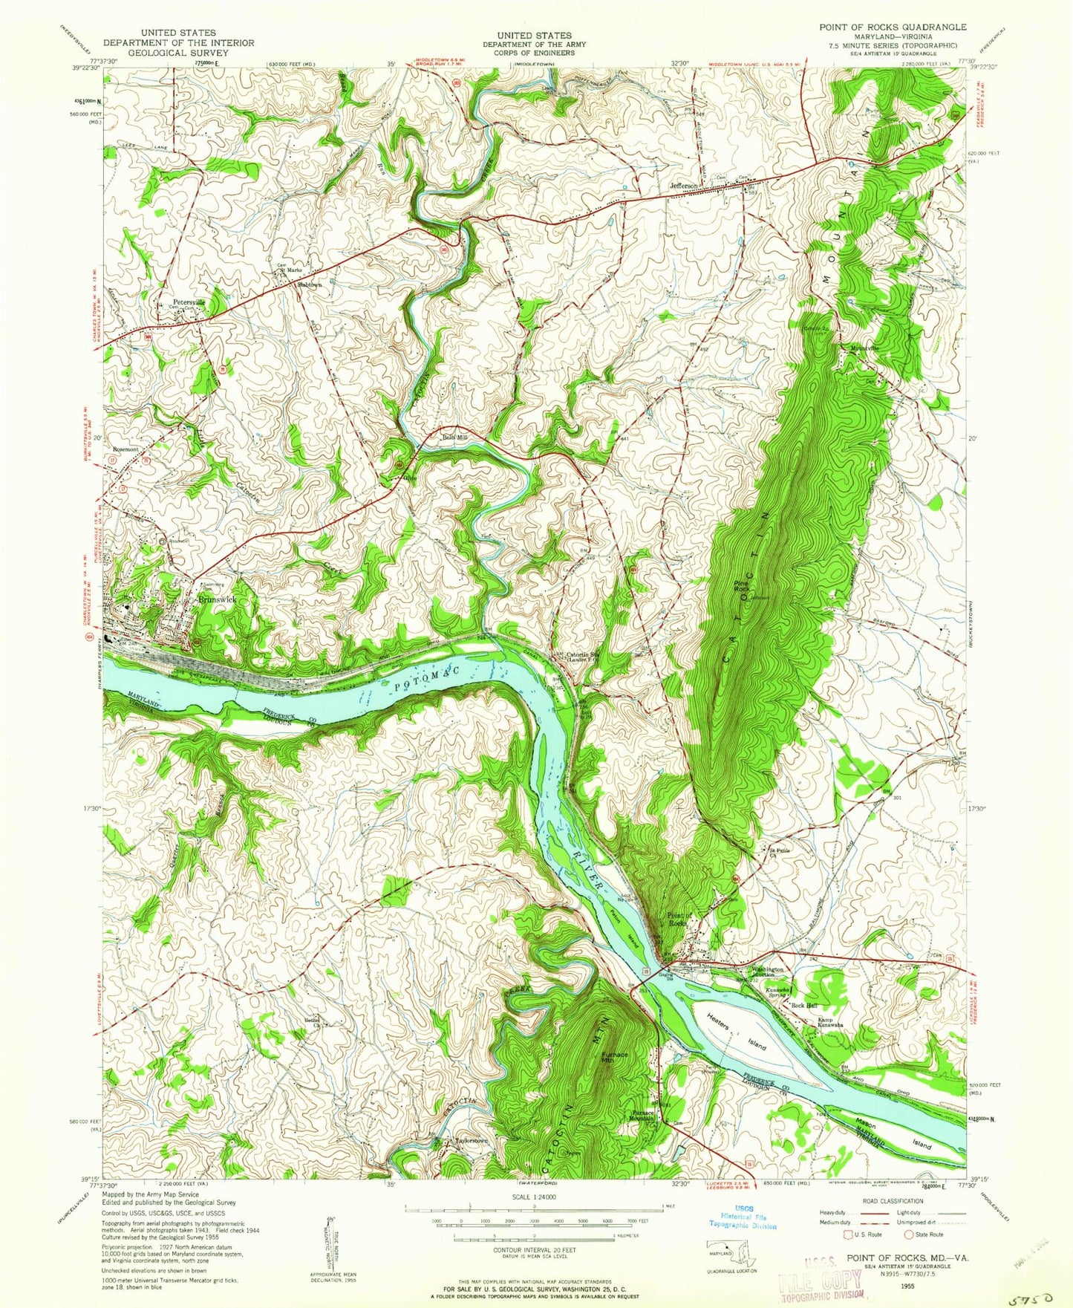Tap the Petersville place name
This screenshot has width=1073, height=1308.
pyautogui.click(x=189, y=302)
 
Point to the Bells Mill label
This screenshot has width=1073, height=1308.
pyautogui.click(x=456, y=437)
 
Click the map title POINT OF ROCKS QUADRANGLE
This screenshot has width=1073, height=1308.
pyautogui.click(x=893, y=27)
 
